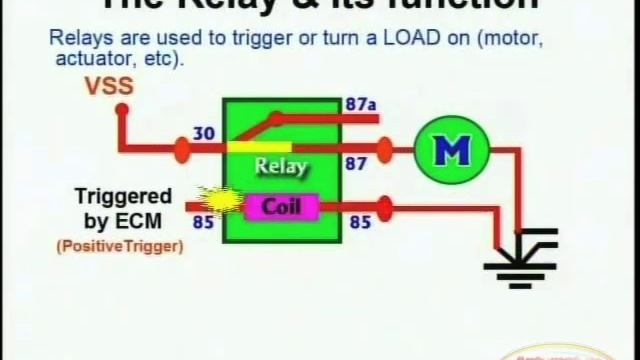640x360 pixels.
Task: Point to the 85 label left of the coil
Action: tap(204, 221)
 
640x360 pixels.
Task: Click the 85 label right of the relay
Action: tap(359, 221)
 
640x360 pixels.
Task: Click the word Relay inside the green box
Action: tap(281, 166)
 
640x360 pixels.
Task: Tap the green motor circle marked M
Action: tap(450, 151)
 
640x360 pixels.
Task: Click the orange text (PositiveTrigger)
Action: tap(120, 245)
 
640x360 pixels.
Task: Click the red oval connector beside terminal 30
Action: tap(182, 151)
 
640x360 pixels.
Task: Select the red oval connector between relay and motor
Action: tap(385, 151)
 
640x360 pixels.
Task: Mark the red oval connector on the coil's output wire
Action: tap(384, 209)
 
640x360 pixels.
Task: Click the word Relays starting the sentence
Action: tap(76, 41)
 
